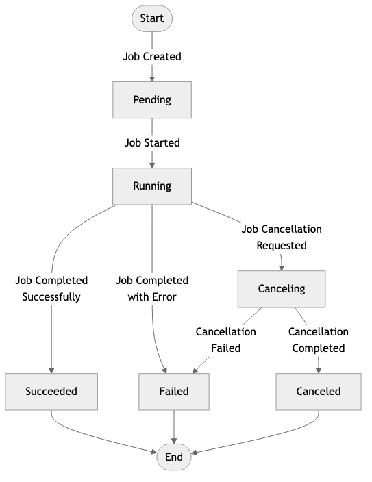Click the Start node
tap(151, 18)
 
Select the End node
tap(174, 457)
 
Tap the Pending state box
tap(151, 100)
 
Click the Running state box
tap(151, 186)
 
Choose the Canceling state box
tap(281, 288)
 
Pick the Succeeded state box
tap(51, 392)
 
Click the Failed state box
tap(174, 392)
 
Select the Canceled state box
tap(319, 392)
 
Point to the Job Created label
tap(151, 57)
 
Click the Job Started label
tap(151, 142)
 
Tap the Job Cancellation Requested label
tap(281, 237)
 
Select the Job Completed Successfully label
tap(51, 288)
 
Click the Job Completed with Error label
tap(151, 288)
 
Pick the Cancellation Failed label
tap(225, 340)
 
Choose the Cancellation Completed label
tap(318, 340)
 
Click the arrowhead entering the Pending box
tap(151, 79)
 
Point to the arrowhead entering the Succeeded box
tap(51, 370)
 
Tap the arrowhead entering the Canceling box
tap(281, 267)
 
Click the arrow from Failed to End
tap(174, 426)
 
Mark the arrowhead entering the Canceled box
tap(319, 370)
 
